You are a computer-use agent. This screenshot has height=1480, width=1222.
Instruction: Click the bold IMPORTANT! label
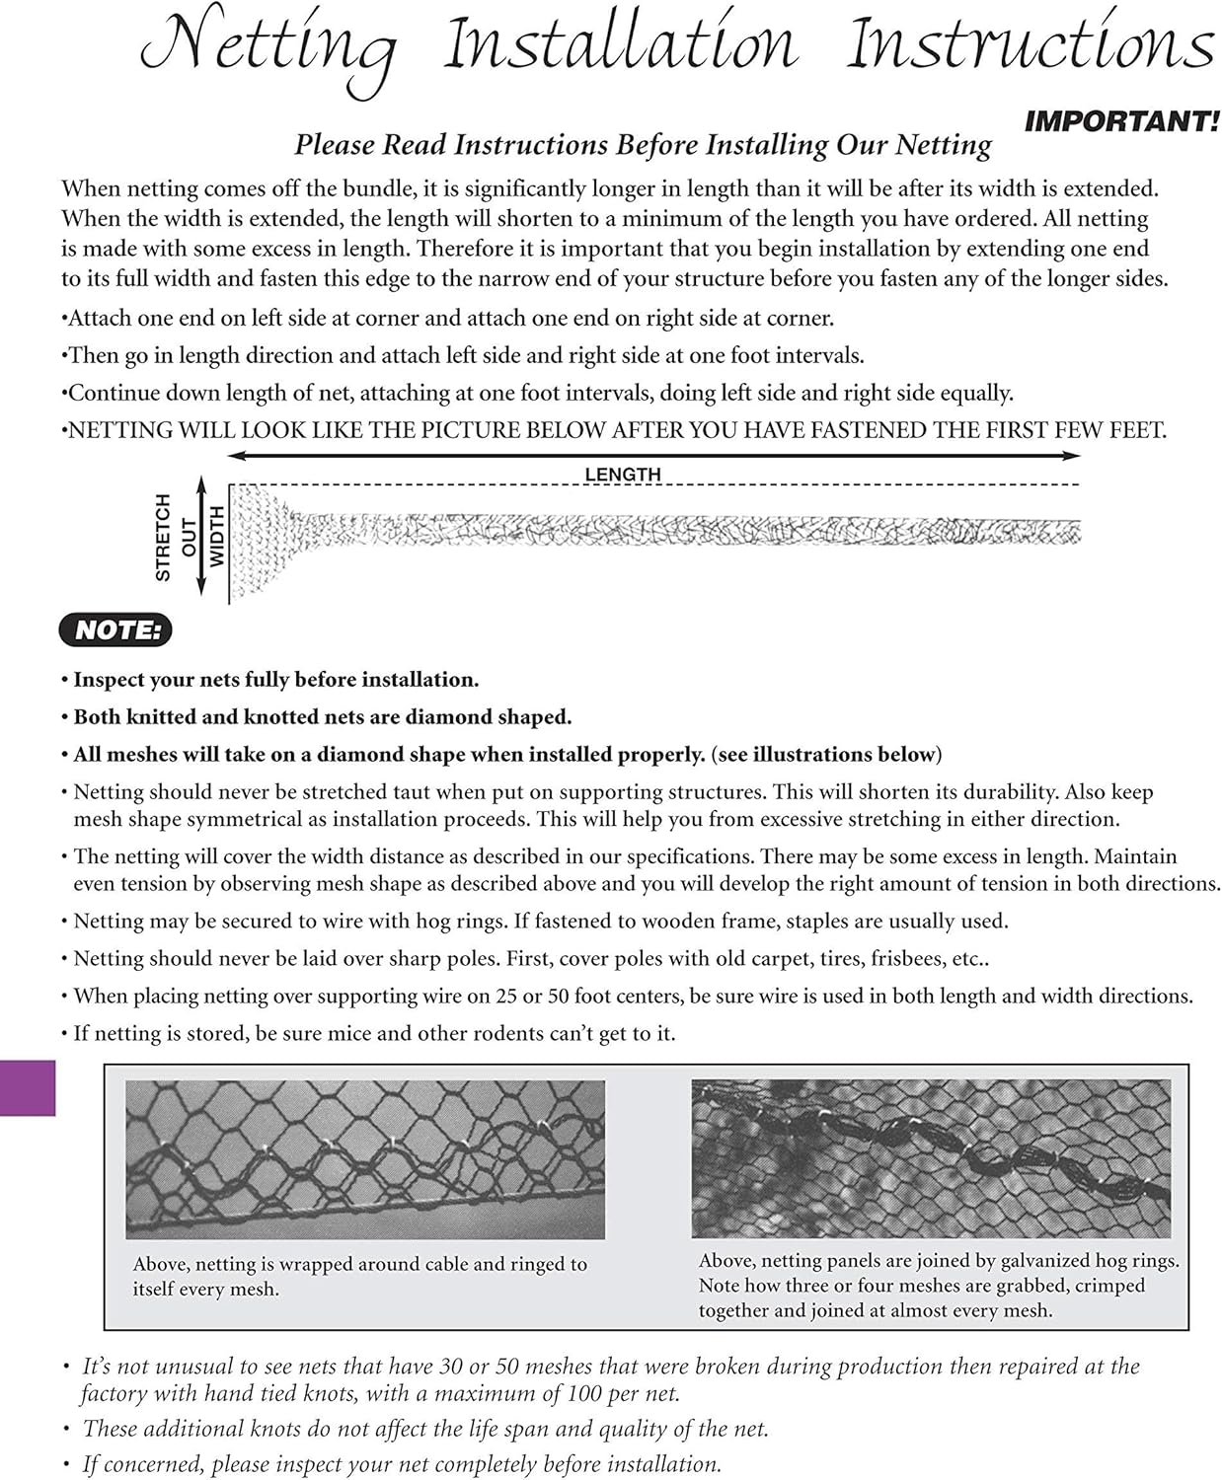coord(1121,122)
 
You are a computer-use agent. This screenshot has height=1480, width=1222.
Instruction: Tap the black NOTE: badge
coord(116,630)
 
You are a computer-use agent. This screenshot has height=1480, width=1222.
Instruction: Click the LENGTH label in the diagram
coord(622,475)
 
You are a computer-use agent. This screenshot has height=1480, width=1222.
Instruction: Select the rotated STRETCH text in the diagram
coord(164,538)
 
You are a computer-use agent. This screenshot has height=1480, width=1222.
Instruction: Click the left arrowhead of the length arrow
coord(235,456)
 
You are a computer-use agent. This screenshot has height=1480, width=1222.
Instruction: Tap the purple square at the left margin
coord(27,1088)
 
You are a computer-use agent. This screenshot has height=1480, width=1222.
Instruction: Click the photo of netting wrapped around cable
coord(364,1159)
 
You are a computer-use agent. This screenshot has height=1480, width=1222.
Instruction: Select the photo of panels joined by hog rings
coord(930,1158)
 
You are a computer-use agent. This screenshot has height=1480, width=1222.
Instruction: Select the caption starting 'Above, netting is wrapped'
coord(359,1276)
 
